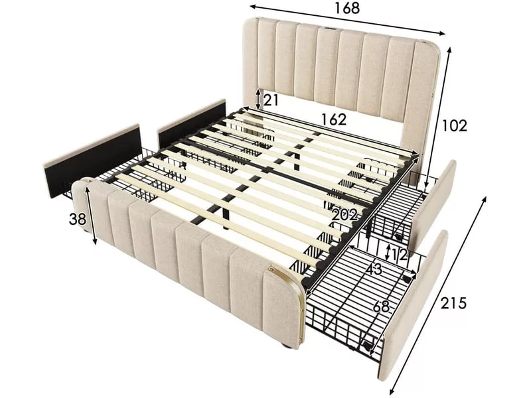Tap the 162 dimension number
pos(329,119)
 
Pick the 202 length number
pos(344,215)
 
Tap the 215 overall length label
pos(453,303)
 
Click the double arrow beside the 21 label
pos(258,100)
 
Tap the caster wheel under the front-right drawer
pos(367,343)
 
